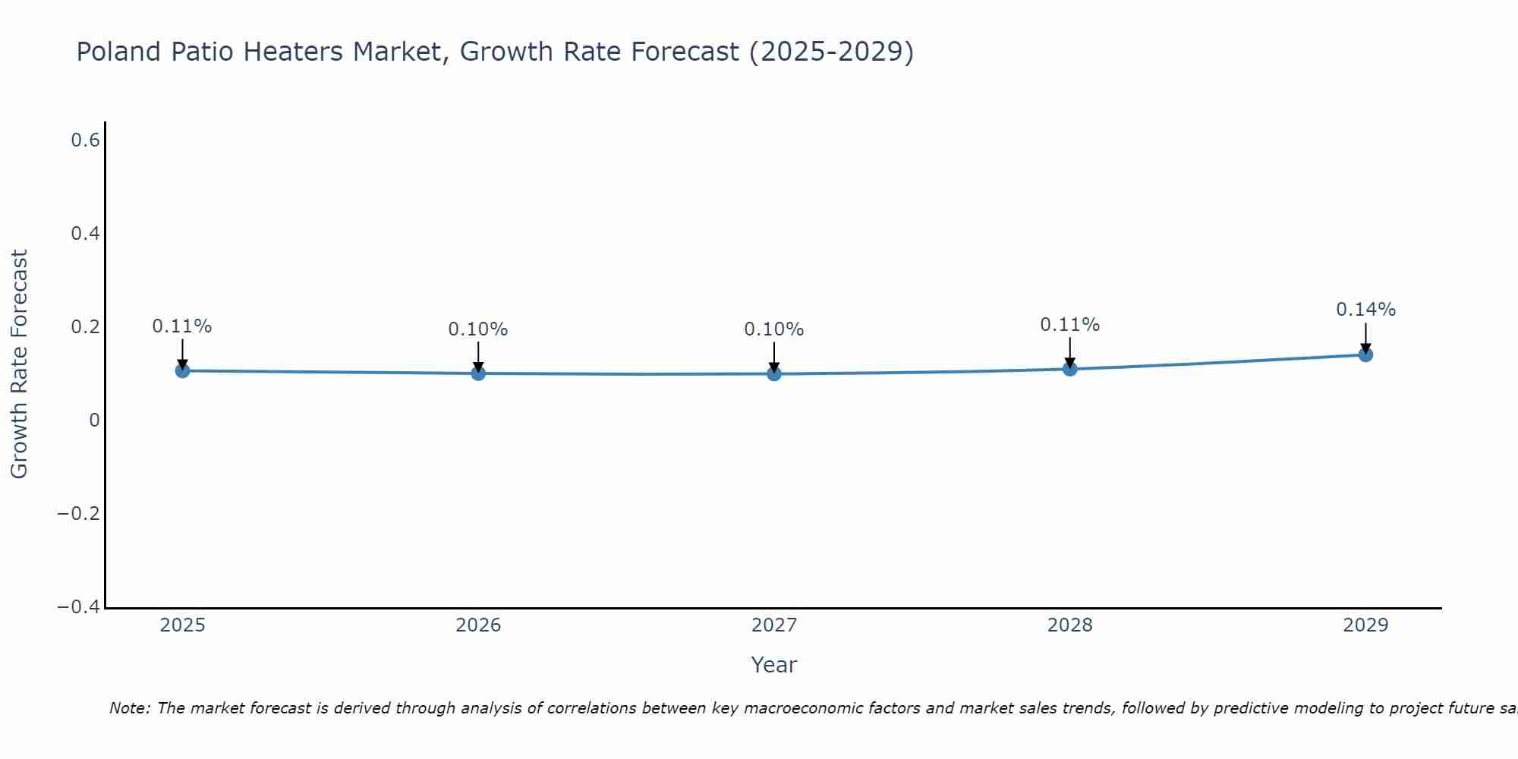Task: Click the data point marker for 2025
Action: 182,370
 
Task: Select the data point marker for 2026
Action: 478,373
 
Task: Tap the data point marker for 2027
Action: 774,373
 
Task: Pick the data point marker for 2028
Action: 1069,369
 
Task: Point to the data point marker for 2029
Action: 1365,354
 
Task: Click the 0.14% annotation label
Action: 1365,310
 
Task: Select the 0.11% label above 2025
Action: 182,326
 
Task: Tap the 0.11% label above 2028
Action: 1069,325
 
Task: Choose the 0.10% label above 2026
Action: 478,329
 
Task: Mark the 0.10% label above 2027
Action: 774,329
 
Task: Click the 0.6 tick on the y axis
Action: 85,140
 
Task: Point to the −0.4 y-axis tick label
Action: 78,607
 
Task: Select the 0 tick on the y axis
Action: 94,420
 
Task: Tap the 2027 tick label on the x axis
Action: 774,625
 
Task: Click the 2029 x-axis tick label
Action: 1365,625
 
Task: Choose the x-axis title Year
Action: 773,666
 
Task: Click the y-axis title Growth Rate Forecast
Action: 19,364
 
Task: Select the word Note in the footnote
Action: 129,709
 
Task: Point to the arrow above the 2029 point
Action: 1365,337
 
